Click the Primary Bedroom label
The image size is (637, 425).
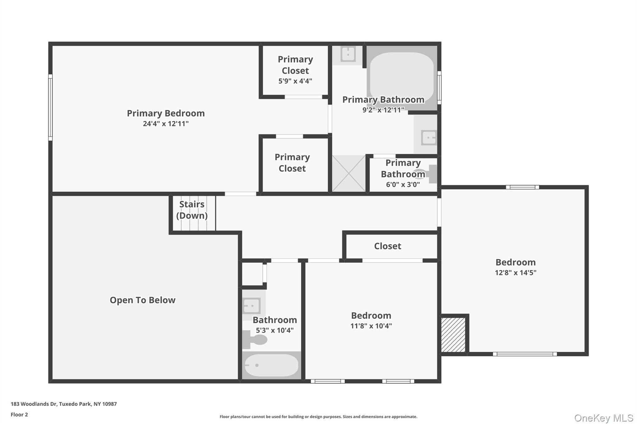(165, 113)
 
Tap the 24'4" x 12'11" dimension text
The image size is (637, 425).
(165, 124)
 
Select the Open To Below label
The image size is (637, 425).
(142, 300)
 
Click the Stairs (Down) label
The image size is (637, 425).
(192, 210)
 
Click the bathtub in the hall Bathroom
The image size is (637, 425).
(271, 365)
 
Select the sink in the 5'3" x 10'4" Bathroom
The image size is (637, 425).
(251, 306)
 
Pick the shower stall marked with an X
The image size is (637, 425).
(349, 173)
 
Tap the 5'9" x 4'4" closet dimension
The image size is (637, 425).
(295, 81)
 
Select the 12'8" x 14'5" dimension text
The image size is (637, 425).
(515, 273)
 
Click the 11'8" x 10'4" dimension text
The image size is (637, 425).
(371, 326)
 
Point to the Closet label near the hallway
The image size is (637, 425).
(388, 246)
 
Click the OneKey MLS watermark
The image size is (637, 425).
(603, 418)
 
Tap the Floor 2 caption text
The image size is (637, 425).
(19, 415)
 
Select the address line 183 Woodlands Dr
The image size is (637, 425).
(64, 404)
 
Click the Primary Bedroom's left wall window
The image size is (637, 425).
(50, 107)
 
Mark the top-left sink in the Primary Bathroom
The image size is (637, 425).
(348, 54)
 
